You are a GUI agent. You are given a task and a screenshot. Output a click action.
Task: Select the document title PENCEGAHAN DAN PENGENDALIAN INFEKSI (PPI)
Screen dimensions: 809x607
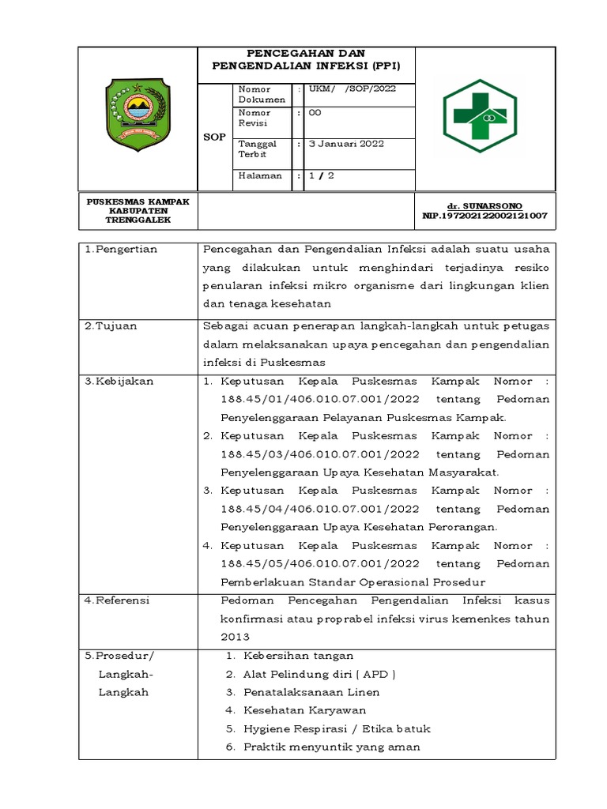pos(306,60)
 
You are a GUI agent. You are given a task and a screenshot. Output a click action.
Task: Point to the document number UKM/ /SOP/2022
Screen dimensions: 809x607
pos(352,89)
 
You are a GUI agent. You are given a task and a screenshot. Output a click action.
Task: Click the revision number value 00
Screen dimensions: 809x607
pos(315,114)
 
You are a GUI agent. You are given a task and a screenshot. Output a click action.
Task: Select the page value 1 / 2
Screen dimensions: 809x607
pos(321,175)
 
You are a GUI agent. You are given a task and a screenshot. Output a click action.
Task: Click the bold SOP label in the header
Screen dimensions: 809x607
pos(214,137)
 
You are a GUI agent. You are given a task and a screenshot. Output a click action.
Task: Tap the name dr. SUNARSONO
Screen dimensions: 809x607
pos(484,205)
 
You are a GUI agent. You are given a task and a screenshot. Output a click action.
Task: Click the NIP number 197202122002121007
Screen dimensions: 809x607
pos(484,215)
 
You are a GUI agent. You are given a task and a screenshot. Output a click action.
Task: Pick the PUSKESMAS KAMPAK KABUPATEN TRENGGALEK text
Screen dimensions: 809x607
pos(138,211)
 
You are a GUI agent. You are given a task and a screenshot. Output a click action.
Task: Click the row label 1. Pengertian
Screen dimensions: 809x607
pos(121,250)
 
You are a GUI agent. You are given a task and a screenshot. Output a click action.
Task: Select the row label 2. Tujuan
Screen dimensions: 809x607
pos(113,325)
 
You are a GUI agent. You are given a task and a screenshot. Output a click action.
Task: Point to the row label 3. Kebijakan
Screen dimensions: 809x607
pos(119,381)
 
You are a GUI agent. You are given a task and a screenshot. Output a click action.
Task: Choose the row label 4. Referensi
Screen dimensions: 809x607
pos(119,600)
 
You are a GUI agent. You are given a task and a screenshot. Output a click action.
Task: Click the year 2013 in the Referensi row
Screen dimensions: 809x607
pos(236,637)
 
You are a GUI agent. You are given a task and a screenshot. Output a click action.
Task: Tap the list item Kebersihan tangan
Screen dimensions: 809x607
pos(298,656)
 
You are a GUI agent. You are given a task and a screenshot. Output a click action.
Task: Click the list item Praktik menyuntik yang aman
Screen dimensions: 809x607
pos(331,747)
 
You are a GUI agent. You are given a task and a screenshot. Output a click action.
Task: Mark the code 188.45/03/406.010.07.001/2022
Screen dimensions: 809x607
pos(320,454)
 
